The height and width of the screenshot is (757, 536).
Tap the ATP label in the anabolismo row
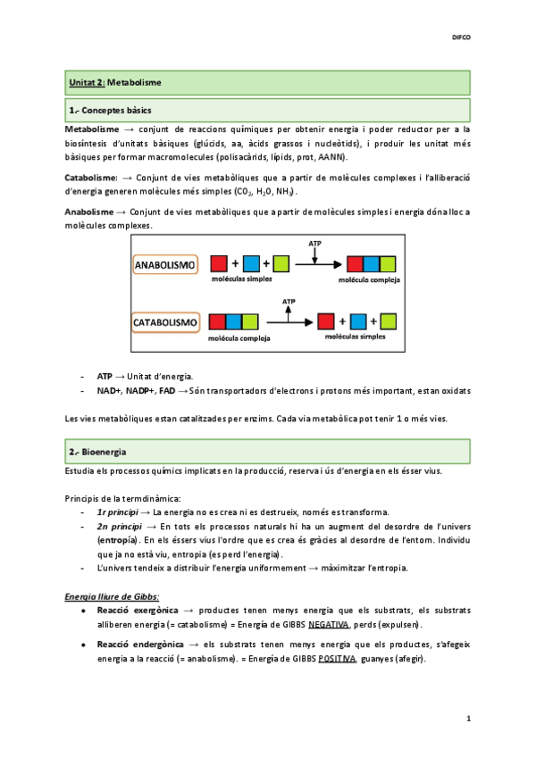click(x=314, y=243)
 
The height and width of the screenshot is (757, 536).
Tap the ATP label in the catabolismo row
click(x=288, y=303)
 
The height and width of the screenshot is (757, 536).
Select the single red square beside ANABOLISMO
click(x=219, y=264)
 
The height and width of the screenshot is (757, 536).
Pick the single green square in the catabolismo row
click(x=389, y=320)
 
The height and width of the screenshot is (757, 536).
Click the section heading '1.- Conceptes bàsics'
click(x=110, y=111)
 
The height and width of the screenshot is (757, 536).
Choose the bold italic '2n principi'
click(x=116, y=527)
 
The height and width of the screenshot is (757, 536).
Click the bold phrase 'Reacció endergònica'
click(x=135, y=645)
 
